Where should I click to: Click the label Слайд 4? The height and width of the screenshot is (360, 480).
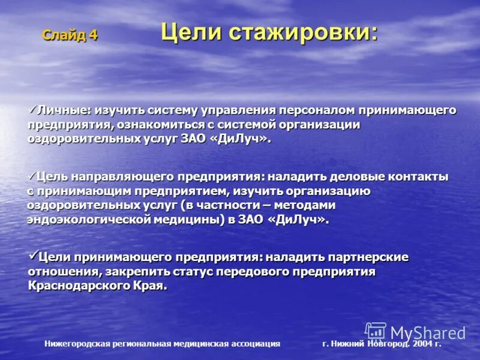click(69, 35)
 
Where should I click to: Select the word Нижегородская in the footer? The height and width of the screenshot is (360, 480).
click(77, 344)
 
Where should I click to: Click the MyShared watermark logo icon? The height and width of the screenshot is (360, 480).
click(376, 332)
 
